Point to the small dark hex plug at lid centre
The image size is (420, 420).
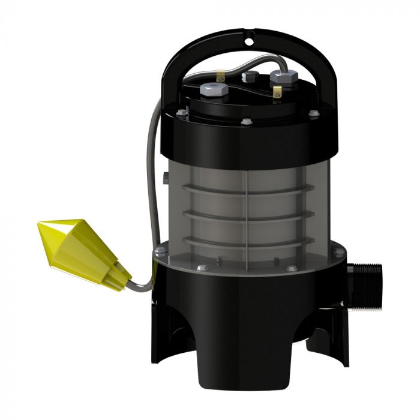pos(249,76)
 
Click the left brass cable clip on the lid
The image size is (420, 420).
pos(221,77)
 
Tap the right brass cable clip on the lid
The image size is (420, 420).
pos(277,91)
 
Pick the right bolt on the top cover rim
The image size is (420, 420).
pos(313,112)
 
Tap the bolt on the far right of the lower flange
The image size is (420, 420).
pos(340,253)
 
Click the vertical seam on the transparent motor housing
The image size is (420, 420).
pos(247,204)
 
